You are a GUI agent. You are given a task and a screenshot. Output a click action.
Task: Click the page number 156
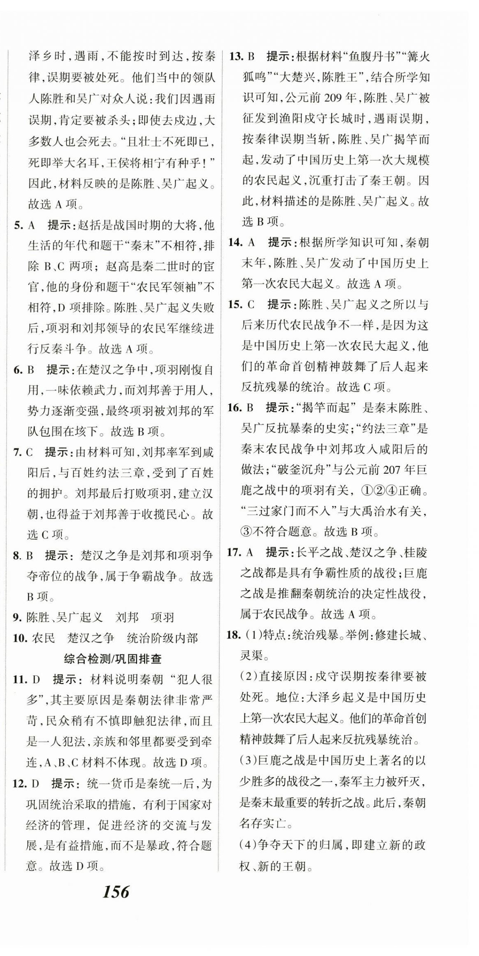(116, 892)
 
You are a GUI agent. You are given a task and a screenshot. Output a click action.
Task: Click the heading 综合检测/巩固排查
(112, 659)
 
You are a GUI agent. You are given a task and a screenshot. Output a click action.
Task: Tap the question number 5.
(18, 225)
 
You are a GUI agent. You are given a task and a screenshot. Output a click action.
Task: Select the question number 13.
(236, 56)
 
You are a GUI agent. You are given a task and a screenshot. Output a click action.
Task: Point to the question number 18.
(233, 635)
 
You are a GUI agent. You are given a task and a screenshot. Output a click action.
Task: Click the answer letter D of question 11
(36, 680)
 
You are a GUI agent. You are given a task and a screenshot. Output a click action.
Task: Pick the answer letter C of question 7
(30, 452)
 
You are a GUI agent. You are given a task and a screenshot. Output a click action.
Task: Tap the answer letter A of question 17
(249, 552)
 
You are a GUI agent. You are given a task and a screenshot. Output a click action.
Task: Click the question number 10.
(20, 638)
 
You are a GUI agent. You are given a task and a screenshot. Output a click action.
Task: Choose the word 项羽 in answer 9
(162, 617)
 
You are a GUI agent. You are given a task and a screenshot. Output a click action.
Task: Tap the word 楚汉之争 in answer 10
(91, 638)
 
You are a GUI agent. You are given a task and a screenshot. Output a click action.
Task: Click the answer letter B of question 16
(250, 408)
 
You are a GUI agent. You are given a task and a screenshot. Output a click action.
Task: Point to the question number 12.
(19, 784)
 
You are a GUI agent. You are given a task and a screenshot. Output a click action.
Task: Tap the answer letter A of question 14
(251, 242)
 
